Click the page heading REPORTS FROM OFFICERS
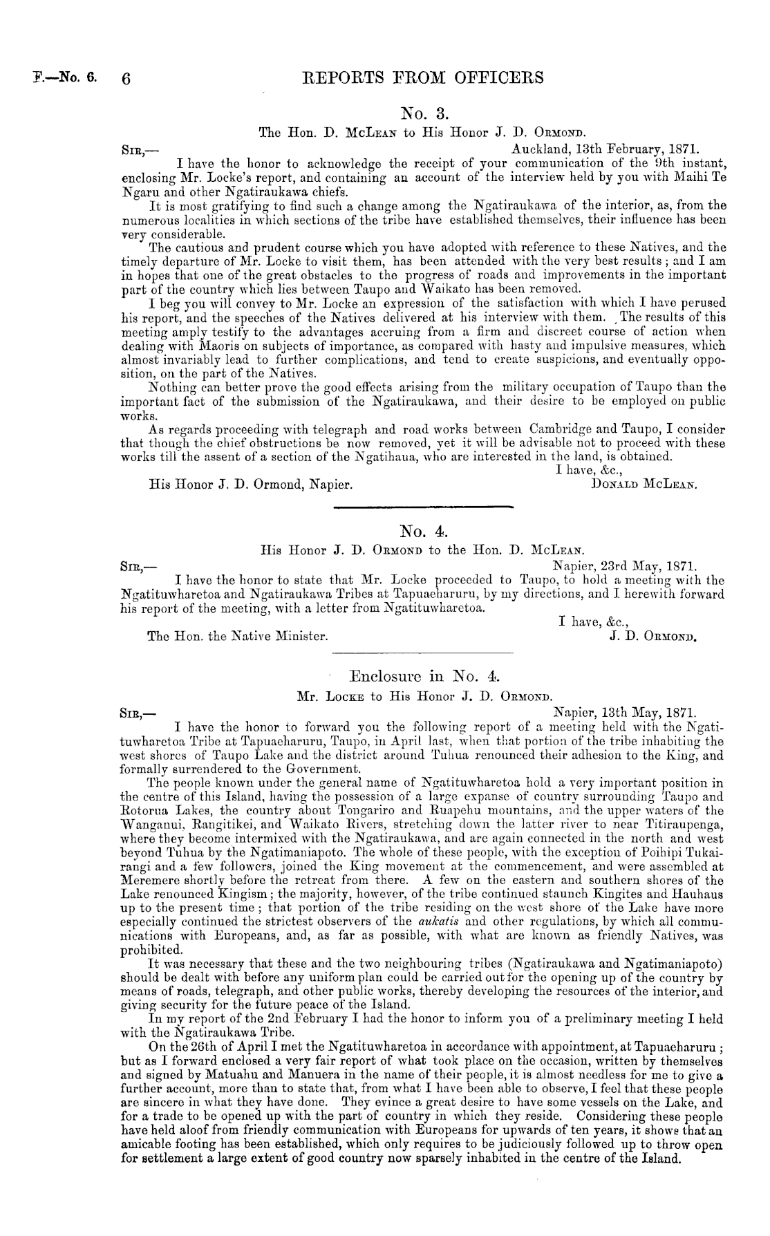click(x=423, y=77)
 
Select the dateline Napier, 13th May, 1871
click(x=626, y=711)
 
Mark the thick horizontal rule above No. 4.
click(x=424, y=509)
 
